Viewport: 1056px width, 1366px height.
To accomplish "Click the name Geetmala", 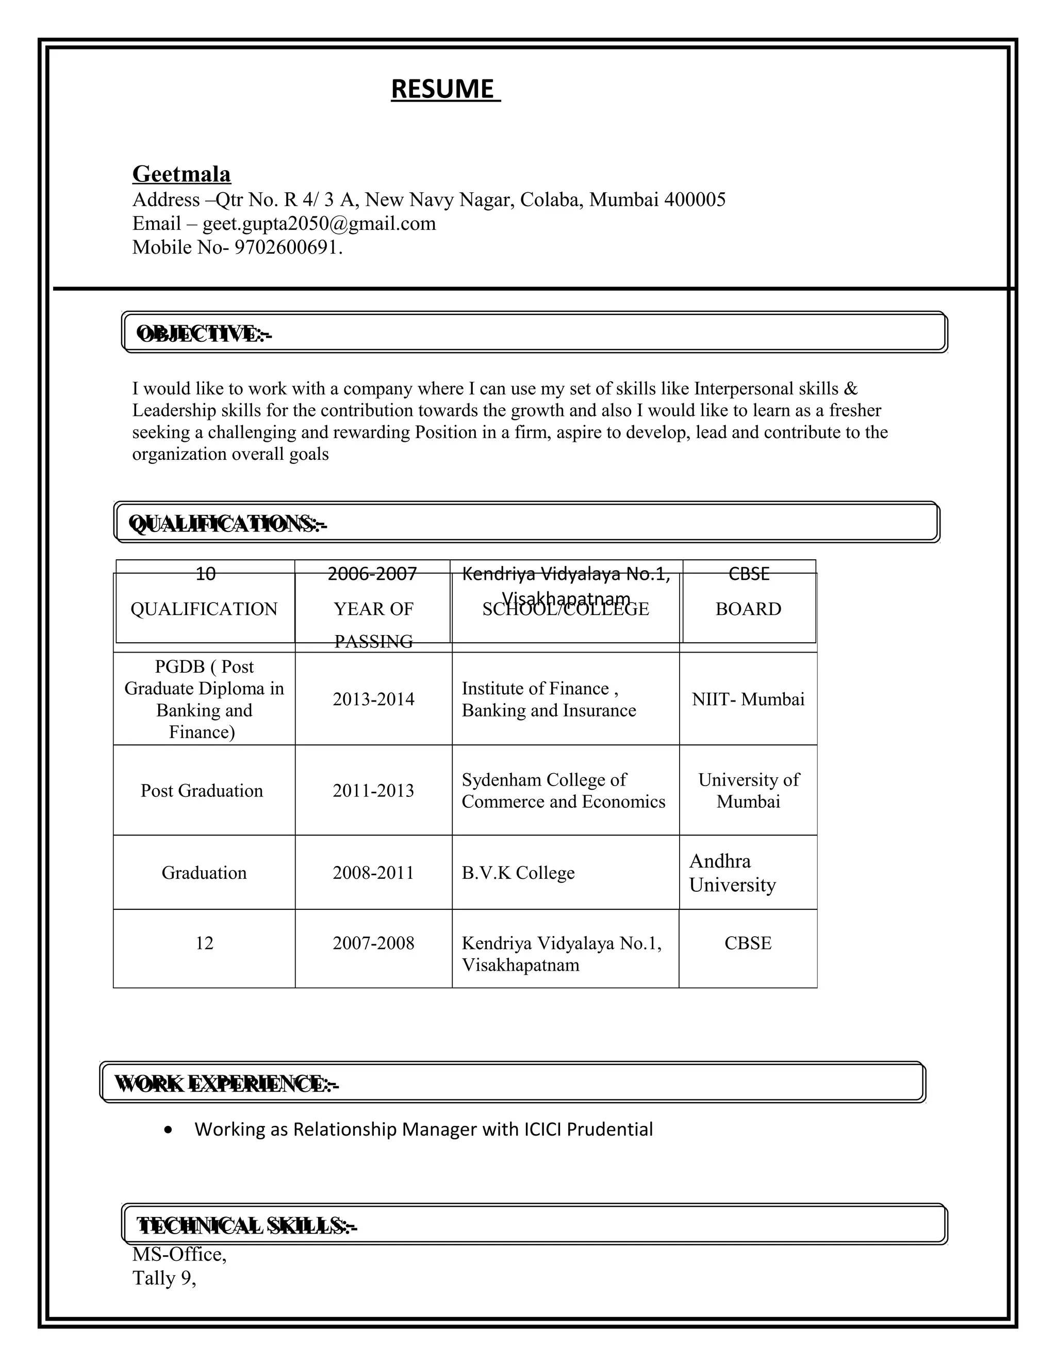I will point(181,174).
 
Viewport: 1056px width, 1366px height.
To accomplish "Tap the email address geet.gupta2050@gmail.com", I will point(319,224).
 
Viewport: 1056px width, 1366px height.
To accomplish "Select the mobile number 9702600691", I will point(287,247).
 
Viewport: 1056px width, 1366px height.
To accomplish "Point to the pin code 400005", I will point(695,200).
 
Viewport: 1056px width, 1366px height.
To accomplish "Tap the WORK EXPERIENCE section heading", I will point(226,1084).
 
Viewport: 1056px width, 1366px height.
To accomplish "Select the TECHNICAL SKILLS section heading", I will point(246,1226).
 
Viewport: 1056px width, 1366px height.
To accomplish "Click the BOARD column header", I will point(748,609).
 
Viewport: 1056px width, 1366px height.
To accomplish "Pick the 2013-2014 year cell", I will point(373,699).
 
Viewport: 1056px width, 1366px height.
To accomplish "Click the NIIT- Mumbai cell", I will point(748,699).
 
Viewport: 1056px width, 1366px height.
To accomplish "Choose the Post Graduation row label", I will point(202,791).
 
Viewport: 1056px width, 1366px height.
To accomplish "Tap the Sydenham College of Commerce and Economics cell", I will point(563,791).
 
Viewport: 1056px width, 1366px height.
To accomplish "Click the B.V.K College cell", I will point(518,873).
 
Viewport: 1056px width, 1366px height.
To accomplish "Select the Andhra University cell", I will point(733,873).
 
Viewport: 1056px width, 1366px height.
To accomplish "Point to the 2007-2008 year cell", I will point(373,943).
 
